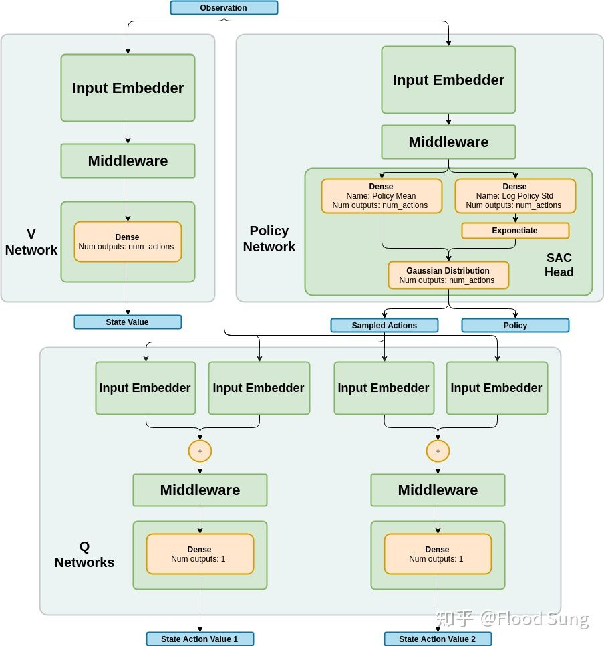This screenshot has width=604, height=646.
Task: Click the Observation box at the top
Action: click(x=224, y=8)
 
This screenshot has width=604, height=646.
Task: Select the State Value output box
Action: click(x=128, y=322)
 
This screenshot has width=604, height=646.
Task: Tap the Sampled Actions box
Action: click(x=384, y=326)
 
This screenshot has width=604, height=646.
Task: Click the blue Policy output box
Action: click(x=515, y=326)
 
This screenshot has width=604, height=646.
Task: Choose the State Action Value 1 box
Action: click(x=200, y=639)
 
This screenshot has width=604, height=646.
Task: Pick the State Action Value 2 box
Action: click(x=438, y=639)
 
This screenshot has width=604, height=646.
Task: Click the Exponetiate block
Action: click(x=515, y=231)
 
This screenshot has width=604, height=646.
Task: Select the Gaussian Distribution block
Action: click(x=448, y=275)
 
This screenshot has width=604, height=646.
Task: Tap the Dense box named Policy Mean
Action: click(x=382, y=196)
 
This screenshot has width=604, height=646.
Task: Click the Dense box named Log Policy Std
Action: click(x=515, y=196)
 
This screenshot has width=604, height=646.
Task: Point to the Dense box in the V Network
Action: click(x=128, y=241)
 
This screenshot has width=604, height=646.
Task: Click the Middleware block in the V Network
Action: click(x=128, y=160)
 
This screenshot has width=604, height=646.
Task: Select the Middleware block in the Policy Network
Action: click(x=448, y=142)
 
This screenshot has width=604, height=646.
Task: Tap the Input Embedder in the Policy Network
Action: click(x=448, y=80)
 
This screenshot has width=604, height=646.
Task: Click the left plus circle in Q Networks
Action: click(x=200, y=451)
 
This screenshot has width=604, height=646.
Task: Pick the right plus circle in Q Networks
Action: click(x=438, y=451)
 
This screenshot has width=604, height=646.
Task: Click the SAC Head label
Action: click(x=559, y=265)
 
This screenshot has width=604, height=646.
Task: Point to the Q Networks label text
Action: click(x=84, y=555)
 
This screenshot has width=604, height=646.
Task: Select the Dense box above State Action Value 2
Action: click(x=438, y=554)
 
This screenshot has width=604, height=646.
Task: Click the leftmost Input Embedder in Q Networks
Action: click(x=146, y=388)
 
